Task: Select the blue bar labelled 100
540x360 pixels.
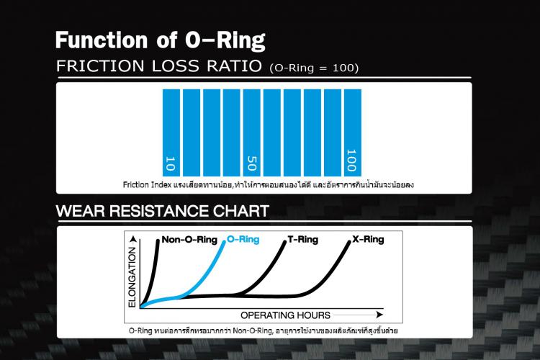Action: pos(351,132)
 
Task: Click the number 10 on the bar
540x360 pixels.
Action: pos(171,163)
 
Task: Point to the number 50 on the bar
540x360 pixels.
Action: pos(252,161)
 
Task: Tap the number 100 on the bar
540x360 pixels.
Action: pos(351,159)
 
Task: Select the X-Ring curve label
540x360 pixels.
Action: pos(369,240)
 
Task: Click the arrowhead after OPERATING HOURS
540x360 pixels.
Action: pos(378,315)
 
